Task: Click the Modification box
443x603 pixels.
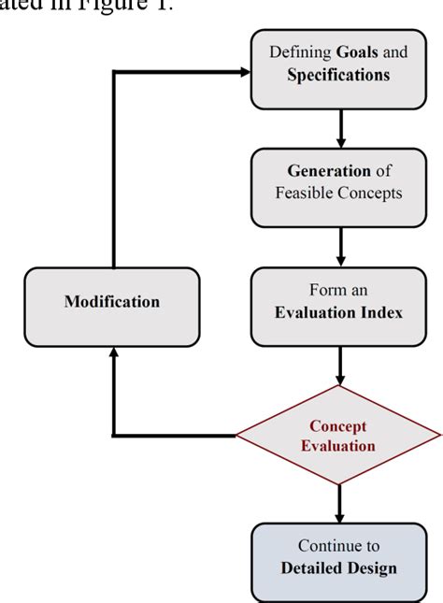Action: click(111, 302)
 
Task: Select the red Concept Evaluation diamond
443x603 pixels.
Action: click(337, 436)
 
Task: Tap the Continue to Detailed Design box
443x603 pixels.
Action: click(337, 556)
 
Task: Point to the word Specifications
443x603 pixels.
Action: click(338, 75)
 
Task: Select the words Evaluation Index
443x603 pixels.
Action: click(338, 312)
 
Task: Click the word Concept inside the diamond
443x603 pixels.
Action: click(338, 425)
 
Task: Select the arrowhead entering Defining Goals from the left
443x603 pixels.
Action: click(246, 71)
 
